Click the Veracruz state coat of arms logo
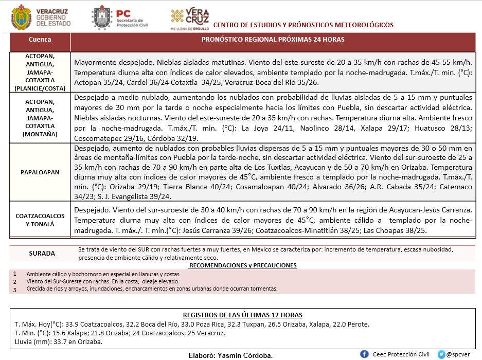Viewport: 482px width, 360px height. (21, 17)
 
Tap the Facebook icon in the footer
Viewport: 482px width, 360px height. (364, 354)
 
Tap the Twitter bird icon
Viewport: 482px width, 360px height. (441, 354)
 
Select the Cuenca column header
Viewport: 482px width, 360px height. (40, 40)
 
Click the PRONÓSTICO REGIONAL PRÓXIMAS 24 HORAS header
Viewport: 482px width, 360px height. (273, 40)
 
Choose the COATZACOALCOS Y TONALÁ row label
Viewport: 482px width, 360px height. (40, 220)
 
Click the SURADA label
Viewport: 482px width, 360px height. (42, 253)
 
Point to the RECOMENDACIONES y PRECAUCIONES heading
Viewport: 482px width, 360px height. (243, 265)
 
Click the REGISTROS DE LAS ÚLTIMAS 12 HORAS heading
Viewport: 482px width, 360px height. (243, 315)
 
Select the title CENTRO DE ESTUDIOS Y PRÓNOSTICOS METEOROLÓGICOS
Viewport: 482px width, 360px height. (303, 25)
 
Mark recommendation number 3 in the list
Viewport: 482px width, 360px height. (15, 289)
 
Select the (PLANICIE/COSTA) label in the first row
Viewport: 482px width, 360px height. (40, 88)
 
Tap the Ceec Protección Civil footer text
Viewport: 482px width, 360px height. (401, 354)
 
